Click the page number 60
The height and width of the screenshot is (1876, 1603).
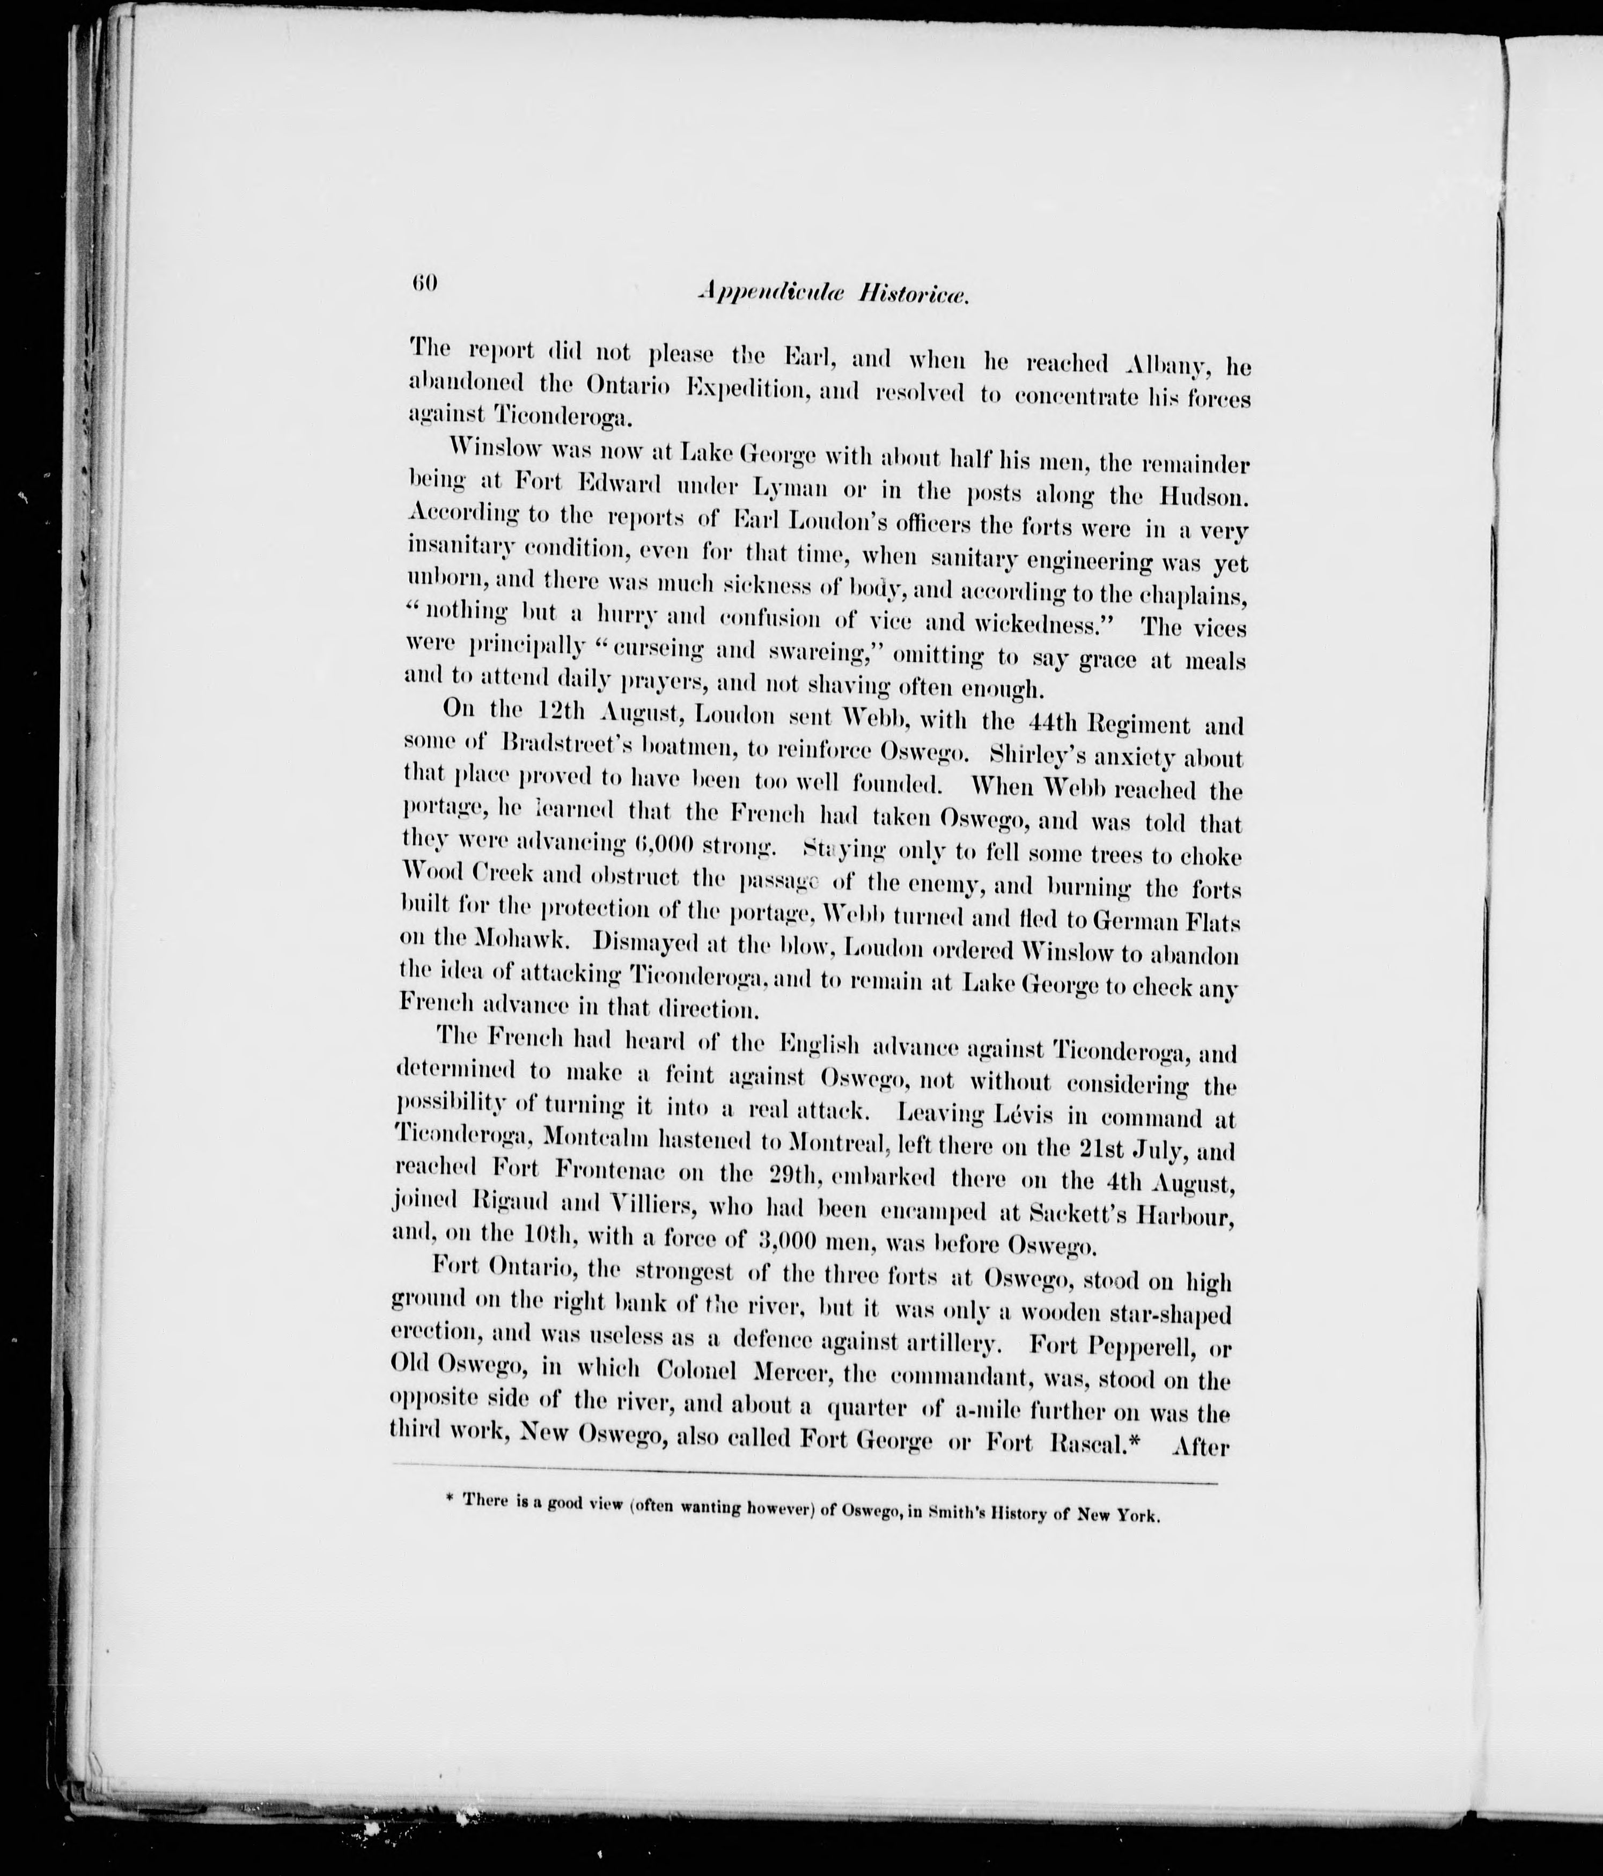pyautogui.click(x=424, y=282)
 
